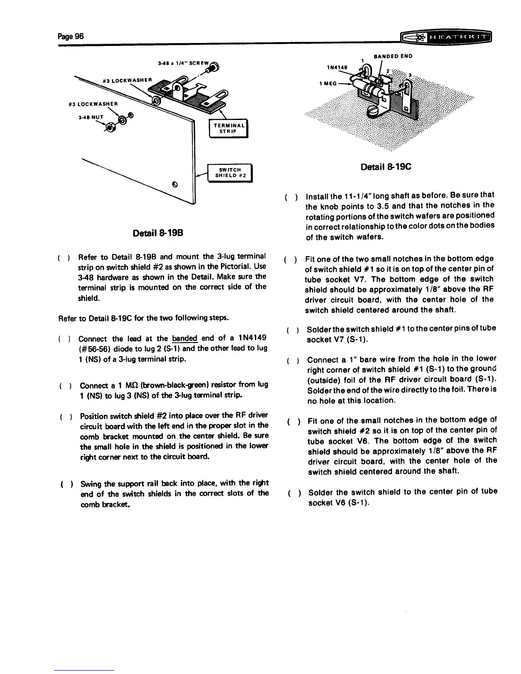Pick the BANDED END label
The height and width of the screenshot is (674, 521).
tap(393, 56)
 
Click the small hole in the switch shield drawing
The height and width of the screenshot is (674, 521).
tap(174, 185)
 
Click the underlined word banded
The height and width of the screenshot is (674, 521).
tap(185, 339)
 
